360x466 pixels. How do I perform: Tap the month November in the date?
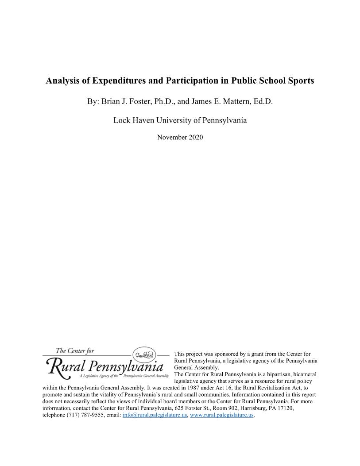pyautogui.click(x=172, y=138)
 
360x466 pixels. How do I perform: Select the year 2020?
pyautogui.click(x=195, y=138)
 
